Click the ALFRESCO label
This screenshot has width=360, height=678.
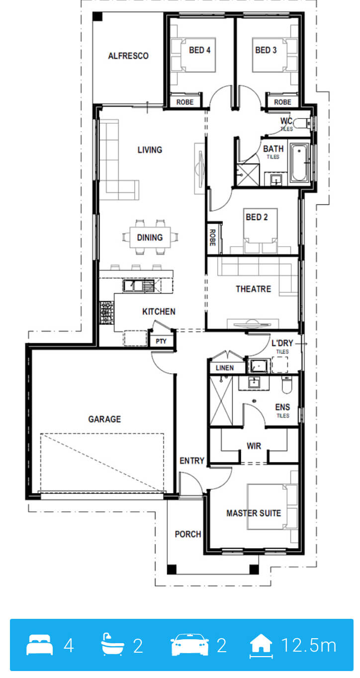(x=128, y=56)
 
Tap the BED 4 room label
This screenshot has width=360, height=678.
(x=199, y=50)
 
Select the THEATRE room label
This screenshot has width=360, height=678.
(x=254, y=289)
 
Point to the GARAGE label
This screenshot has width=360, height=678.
(x=104, y=419)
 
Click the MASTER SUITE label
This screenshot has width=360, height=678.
(x=254, y=513)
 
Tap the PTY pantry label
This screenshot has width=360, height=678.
(x=161, y=341)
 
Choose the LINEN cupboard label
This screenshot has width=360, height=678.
(x=225, y=368)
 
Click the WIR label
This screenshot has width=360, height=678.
(x=254, y=446)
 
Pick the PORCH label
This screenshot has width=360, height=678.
(x=188, y=534)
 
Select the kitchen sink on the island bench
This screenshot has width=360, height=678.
(x=139, y=286)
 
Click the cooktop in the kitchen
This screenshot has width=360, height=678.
(x=106, y=312)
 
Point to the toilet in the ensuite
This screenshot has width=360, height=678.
(x=286, y=385)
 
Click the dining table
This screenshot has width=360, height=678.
(x=150, y=237)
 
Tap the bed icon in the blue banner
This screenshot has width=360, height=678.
(x=39, y=645)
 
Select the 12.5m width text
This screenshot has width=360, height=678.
(x=309, y=645)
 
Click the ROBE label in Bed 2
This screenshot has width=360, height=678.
(x=212, y=238)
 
